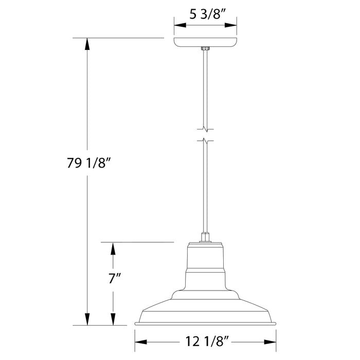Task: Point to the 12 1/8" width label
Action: coord(205,341)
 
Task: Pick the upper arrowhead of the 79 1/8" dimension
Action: coord(87,43)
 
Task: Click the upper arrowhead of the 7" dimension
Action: coord(114,247)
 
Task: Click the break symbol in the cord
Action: coord(205,133)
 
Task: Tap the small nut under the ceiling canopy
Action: coord(205,49)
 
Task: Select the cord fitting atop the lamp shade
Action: coord(205,238)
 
